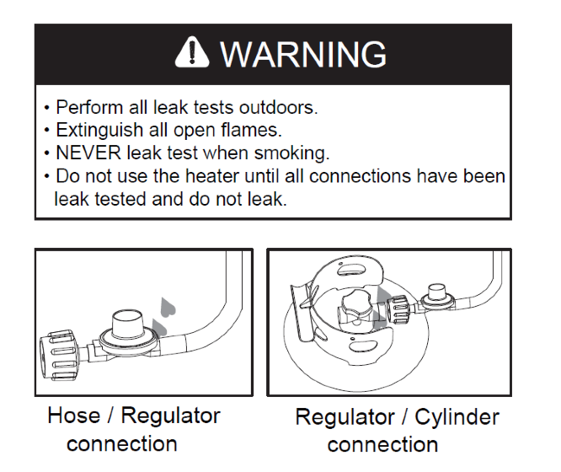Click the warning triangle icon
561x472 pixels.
pyautogui.click(x=192, y=52)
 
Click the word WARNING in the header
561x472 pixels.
pyautogui.click(x=303, y=54)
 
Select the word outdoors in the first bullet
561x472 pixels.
pyautogui.click(x=278, y=107)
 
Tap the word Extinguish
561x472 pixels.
pyautogui.click(x=99, y=131)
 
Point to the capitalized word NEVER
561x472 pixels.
pyautogui.click(x=88, y=153)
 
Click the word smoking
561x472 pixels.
pyautogui.click(x=291, y=154)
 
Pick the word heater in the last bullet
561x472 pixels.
pyautogui.click(x=211, y=176)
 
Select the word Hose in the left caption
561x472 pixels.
pyautogui.click(x=73, y=416)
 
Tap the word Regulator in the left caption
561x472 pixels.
pyautogui.click(x=170, y=417)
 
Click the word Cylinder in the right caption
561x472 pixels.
pyautogui.click(x=457, y=418)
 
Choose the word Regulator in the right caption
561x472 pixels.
pyautogui.click(x=345, y=418)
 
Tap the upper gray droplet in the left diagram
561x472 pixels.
pyautogui.click(x=167, y=308)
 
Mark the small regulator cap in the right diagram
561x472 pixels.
pyautogui.click(x=437, y=292)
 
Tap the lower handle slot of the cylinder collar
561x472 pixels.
pyautogui.click(x=363, y=346)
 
